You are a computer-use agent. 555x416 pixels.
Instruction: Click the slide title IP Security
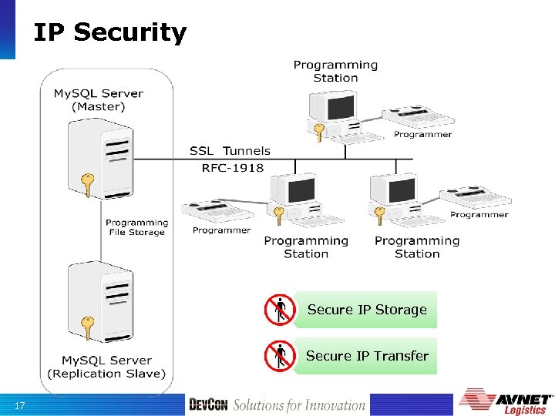tap(109, 32)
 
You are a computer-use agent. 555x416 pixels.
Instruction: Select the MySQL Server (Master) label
tap(98, 100)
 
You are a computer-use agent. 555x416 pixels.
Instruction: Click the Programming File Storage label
tap(136, 227)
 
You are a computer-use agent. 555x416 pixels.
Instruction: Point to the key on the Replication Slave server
tap(88, 328)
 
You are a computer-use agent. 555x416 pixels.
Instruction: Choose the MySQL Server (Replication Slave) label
tap(106, 367)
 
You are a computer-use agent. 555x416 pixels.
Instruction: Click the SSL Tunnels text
tap(230, 151)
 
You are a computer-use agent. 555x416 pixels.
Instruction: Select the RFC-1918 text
tap(232, 167)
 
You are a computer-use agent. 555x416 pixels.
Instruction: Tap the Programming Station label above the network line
tap(335, 71)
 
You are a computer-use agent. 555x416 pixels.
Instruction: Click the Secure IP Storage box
tap(367, 310)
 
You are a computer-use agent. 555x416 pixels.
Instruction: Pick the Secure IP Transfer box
tap(367, 356)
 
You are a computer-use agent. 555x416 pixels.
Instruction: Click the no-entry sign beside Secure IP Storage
tap(279, 310)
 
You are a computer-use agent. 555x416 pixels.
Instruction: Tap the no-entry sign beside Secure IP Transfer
tap(279, 356)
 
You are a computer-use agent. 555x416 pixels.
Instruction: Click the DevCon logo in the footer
tap(208, 405)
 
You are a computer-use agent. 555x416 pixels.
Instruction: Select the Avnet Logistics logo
tap(506, 402)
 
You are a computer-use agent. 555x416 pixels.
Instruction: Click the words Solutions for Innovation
tap(299, 405)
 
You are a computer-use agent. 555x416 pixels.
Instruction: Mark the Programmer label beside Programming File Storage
tap(221, 230)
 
